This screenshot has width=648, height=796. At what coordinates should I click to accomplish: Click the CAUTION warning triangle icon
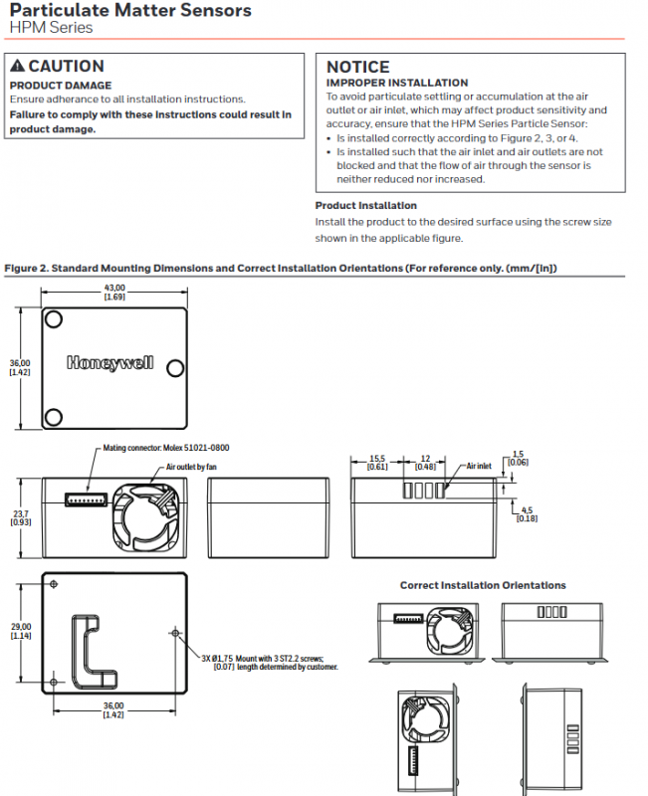(17, 66)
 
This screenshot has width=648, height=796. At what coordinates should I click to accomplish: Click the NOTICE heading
(358, 67)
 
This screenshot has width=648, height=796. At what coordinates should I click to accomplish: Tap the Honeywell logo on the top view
(110, 362)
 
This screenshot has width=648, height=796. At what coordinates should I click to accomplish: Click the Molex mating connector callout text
(166, 448)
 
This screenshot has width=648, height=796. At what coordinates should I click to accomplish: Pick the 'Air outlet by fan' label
(191, 467)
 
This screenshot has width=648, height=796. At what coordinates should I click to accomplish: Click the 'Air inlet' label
(479, 466)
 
